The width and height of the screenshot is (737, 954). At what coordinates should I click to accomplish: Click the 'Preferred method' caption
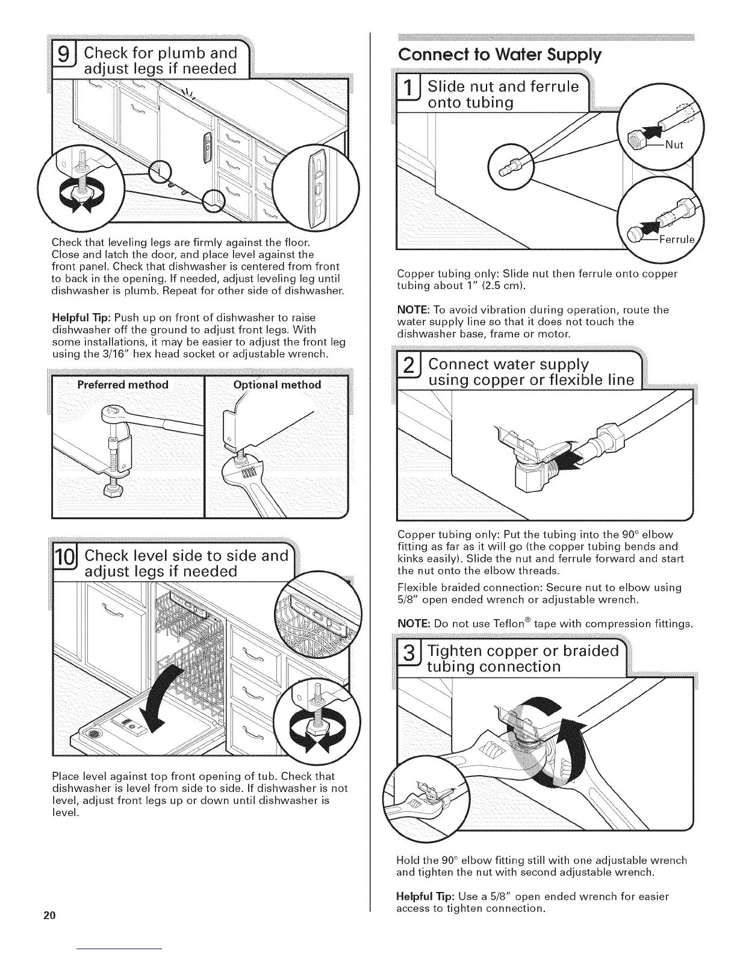[123, 385]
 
